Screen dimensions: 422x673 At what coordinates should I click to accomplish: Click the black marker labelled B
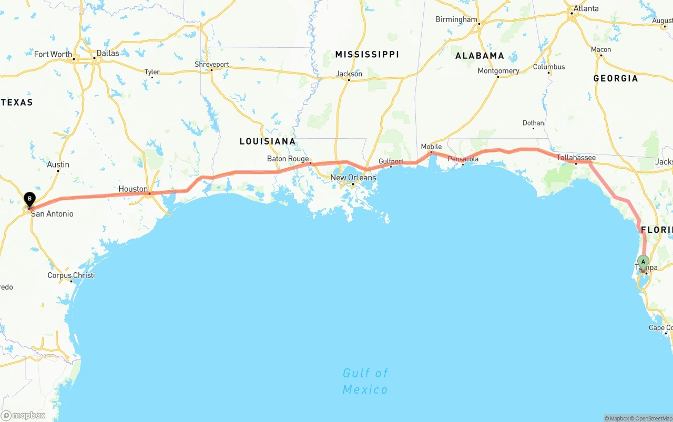pyautogui.click(x=30, y=200)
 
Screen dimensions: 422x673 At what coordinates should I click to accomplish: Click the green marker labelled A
pyautogui.click(x=643, y=262)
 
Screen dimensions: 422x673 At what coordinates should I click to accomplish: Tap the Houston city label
pyautogui.click(x=133, y=189)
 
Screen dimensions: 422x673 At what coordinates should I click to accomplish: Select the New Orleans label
pyautogui.click(x=353, y=178)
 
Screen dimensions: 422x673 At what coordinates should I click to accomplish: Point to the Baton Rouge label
pyautogui.click(x=288, y=159)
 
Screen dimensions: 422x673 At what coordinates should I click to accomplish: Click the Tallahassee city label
pyautogui.click(x=576, y=157)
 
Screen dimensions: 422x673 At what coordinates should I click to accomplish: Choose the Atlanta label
pyautogui.click(x=586, y=8)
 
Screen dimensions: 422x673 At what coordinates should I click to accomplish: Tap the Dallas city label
pyautogui.click(x=108, y=53)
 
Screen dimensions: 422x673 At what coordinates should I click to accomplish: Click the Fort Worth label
pyautogui.click(x=53, y=54)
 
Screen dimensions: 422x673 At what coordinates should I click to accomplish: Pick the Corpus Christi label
pyautogui.click(x=71, y=275)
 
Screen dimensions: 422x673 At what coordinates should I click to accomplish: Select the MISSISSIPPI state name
pyautogui.click(x=367, y=54)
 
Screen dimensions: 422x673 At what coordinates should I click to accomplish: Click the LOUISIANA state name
pyautogui.click(x=268, y=141)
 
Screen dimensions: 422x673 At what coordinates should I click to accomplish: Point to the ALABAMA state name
pyautogui.click(x=480, y=55)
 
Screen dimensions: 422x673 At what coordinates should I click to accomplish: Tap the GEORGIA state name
pyautogui.click(x=615, y=78)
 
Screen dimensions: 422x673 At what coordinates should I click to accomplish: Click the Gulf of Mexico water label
pyautogui.click(x=365, y=381)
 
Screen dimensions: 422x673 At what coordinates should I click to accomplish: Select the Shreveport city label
pyautogui.click(x=212, y=64)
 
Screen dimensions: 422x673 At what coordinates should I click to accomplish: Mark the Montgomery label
pyautogui.click(x=498, y=71)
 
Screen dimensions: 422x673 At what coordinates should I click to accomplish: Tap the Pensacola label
pyautogui.click(x=463, y=159)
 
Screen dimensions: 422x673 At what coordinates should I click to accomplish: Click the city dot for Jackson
pyautogui.click(x=349, y=80)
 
